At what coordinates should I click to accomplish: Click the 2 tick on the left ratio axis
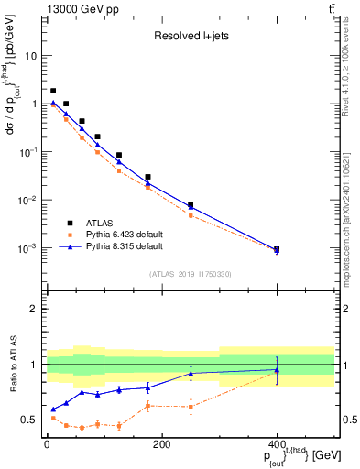click(x=38, y=309)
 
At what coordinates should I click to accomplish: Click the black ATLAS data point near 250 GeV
click(x=191, y=205)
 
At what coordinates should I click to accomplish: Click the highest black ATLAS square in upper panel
click(x=53, y=91)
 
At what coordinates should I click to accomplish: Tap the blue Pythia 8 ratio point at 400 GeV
click(x=277, y=370)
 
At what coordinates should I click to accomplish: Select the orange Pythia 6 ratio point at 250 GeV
click(x=191, y=406)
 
